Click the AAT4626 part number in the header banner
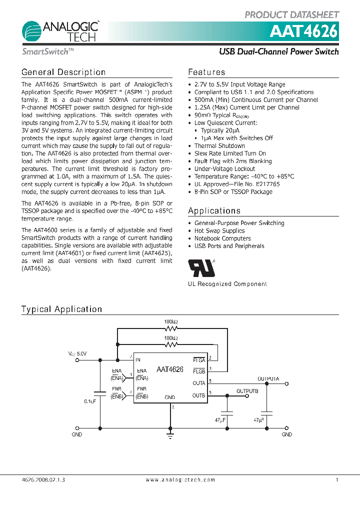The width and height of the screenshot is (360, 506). point(303,31)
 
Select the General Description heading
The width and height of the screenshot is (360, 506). point(63,72)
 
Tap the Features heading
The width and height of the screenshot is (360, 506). point(206,72)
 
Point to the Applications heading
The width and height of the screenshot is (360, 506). point(214,211)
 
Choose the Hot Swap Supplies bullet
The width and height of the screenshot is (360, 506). point(219,231)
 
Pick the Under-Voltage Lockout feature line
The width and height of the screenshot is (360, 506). point(224,169)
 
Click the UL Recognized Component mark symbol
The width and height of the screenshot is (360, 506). point(201,268)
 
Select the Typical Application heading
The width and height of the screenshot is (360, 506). point(61,309)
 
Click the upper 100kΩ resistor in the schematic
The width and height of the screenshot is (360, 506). point(171,329)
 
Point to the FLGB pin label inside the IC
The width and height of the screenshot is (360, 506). point(198,371)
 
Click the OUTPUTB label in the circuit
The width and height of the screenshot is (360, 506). point(247,391)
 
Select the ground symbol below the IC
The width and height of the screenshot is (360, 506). point(170,436)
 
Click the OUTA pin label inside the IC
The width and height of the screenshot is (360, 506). point(198,383)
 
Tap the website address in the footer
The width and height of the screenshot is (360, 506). point(180,480)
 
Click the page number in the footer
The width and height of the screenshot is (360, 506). point(337,480)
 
